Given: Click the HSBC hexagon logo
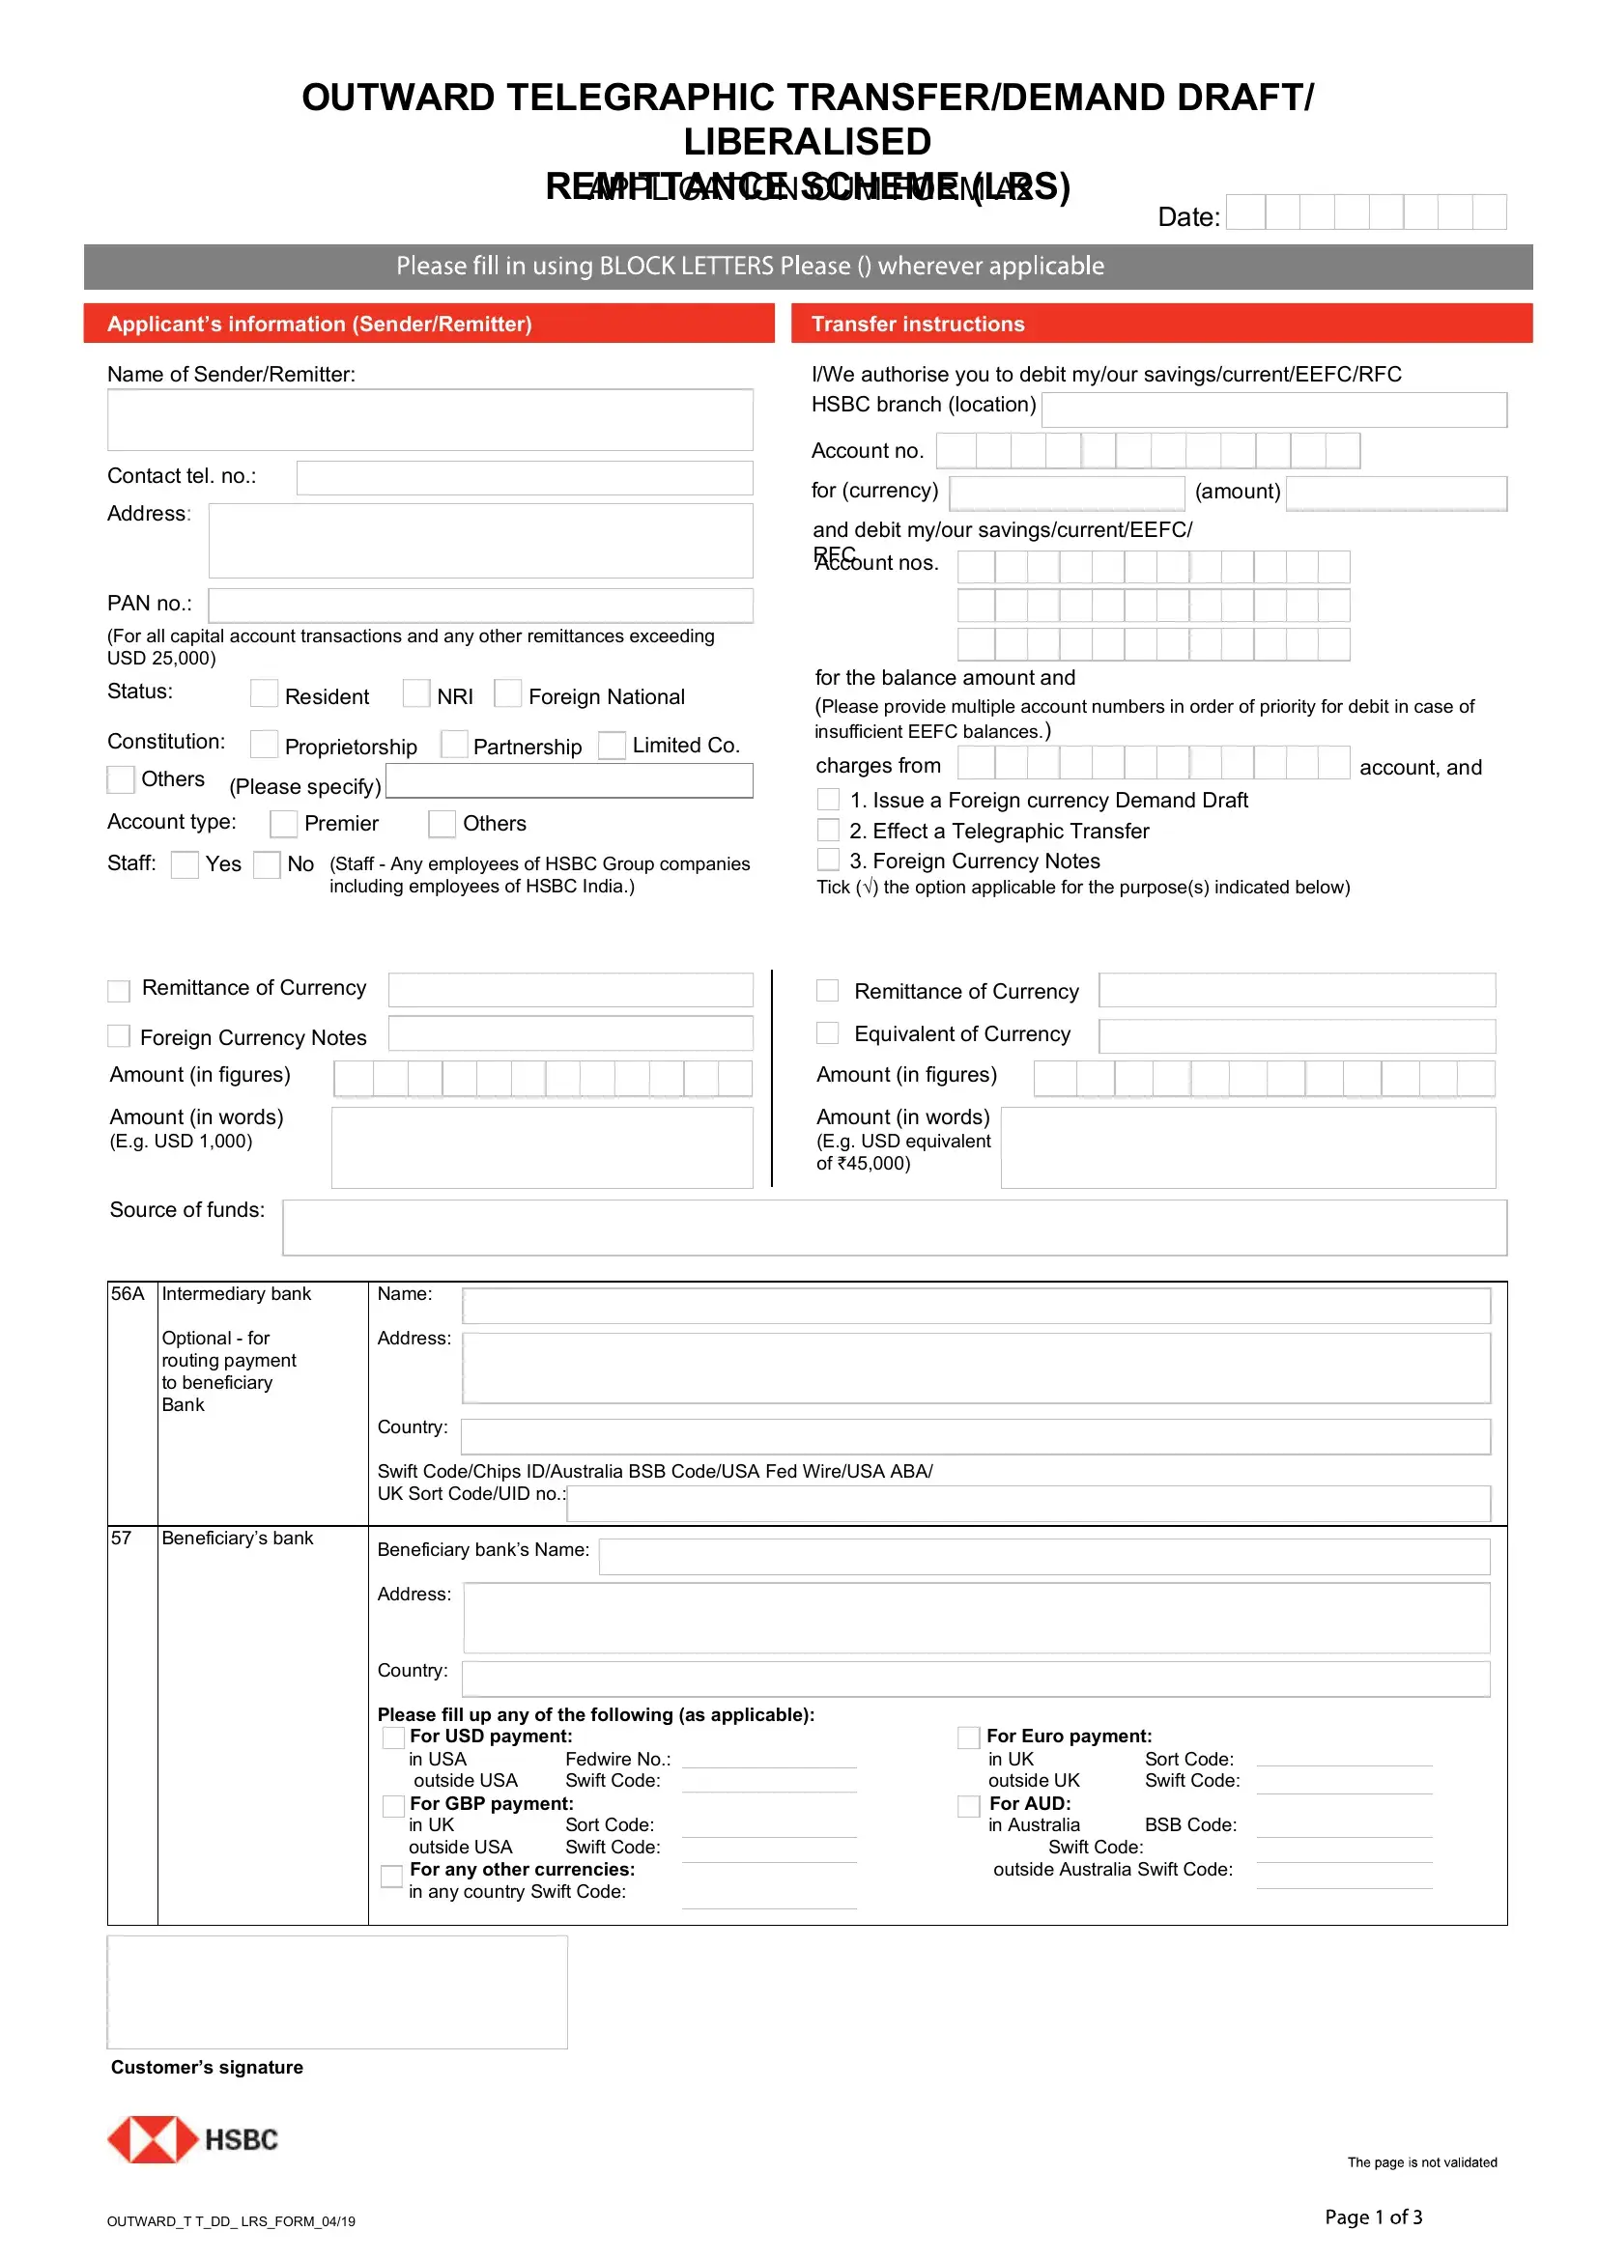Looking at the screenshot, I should (153, 2139).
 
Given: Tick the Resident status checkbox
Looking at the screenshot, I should (264, 693).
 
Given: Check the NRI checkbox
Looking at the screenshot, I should (416, 693).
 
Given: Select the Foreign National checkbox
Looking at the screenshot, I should (508, 693).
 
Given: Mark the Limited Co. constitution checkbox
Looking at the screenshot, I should (612, 745).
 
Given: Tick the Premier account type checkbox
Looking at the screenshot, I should (283, 823).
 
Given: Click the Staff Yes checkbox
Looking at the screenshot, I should (185, 863).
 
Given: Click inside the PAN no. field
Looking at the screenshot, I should (480, 606).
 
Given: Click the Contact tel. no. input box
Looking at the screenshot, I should (524, 478).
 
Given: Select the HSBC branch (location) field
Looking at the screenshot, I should (1273, 409).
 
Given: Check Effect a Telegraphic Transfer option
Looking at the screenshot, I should (829, 831).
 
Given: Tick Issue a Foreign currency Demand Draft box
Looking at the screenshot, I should (829, 799).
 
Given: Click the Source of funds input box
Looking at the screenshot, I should (894, 1227).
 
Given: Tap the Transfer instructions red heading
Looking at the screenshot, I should (1161, 324).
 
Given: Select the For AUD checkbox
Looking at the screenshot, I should (969, 1805).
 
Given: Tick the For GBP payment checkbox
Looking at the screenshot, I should (392, 1805).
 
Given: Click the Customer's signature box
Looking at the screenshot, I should (336, 1992).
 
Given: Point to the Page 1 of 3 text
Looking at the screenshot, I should (1373, 2217).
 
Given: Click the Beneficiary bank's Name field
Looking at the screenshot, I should (1043, 1557).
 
